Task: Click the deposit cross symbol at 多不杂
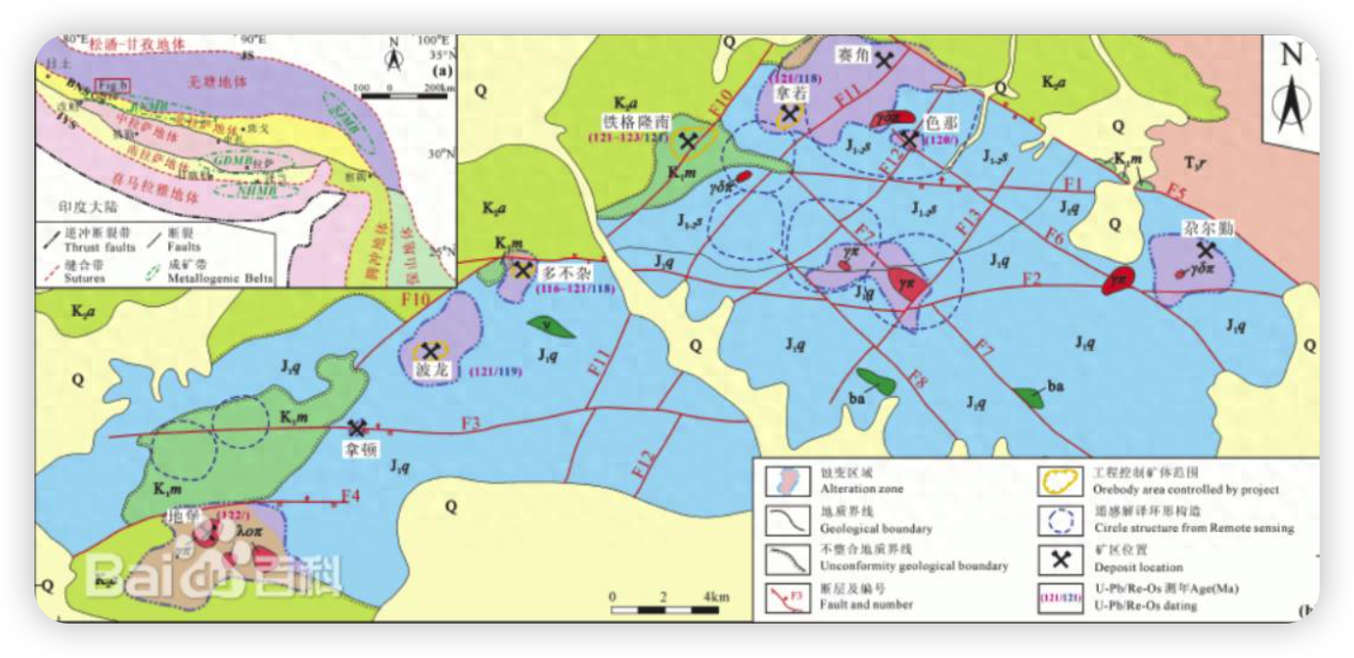pyautogui.click(x=523, y=271)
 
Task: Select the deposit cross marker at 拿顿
pyautogui.click(x=358, y=428)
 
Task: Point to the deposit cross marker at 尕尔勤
pyautogui.click(x=1207, y=250)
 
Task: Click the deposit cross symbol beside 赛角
pyautogui.click(x=886, y=59)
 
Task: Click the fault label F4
pyautogui.click(x=351, y=495)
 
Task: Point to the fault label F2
pyautogui.click(x=1031, y=278)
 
